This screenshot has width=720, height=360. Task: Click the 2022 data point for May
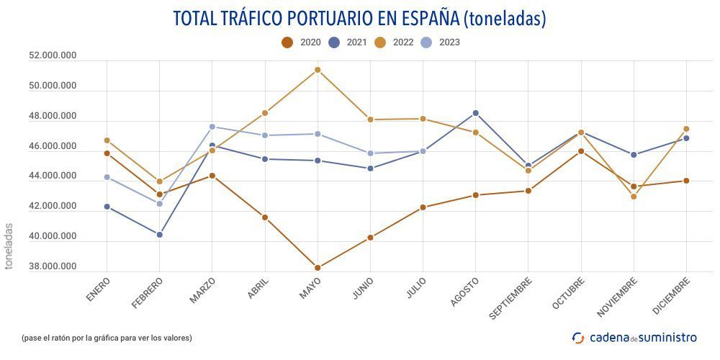click(x=318, y=70)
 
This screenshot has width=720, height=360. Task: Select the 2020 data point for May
click(x=318, y=268)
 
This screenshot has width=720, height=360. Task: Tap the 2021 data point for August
click(x=475, y=113)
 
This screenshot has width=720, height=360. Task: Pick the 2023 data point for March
click(x=212, y=127)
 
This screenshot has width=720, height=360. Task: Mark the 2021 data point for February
click(x=160, y=235)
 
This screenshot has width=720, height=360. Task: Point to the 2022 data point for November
click(x=634, y=197)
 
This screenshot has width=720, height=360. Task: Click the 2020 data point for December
click(x=686, y=181)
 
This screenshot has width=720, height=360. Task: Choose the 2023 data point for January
click(x=107, y=177)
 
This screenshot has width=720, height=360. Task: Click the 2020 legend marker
click(x=287, y=42)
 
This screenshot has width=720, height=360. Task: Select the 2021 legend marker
click(x=334, y=42)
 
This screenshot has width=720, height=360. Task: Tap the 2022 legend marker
click(x=381, y=42)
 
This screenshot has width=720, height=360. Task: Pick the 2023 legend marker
click(x=427, y=42)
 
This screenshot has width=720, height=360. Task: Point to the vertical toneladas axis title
click(x=9, y=246)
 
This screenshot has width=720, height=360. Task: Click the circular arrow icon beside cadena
click(x=578, y=337)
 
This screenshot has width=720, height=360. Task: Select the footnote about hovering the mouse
click(x=107, y=338)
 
